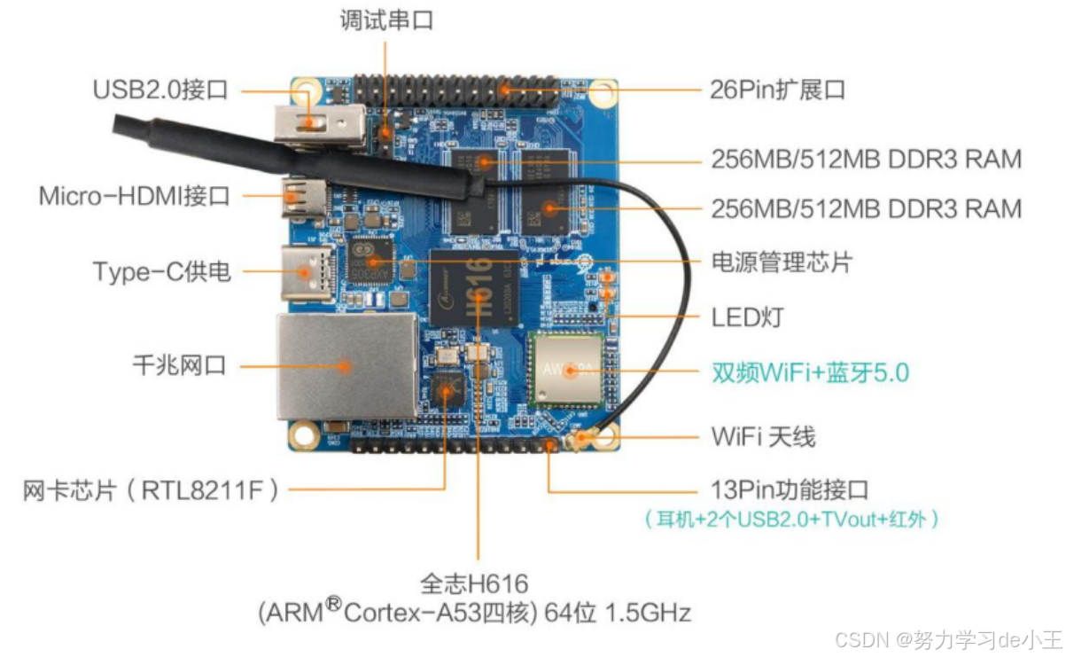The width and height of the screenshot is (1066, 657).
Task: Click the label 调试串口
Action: pos(386,20)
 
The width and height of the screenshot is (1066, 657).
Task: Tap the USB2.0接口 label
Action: pos(160,90)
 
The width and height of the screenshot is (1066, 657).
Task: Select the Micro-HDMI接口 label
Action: pos(134,196)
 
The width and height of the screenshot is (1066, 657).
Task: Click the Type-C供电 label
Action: pos(161,270)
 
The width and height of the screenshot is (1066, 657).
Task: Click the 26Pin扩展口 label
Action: pos(777,90)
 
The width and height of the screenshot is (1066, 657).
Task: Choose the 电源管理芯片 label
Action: pos(782,263)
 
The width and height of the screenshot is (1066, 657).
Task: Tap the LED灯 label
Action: pos(747,317)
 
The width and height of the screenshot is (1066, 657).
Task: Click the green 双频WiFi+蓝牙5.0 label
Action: pos(810,372)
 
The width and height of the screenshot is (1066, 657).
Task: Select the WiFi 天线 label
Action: pos(763,436)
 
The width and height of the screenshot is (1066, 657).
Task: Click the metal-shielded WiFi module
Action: pos(568,369)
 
